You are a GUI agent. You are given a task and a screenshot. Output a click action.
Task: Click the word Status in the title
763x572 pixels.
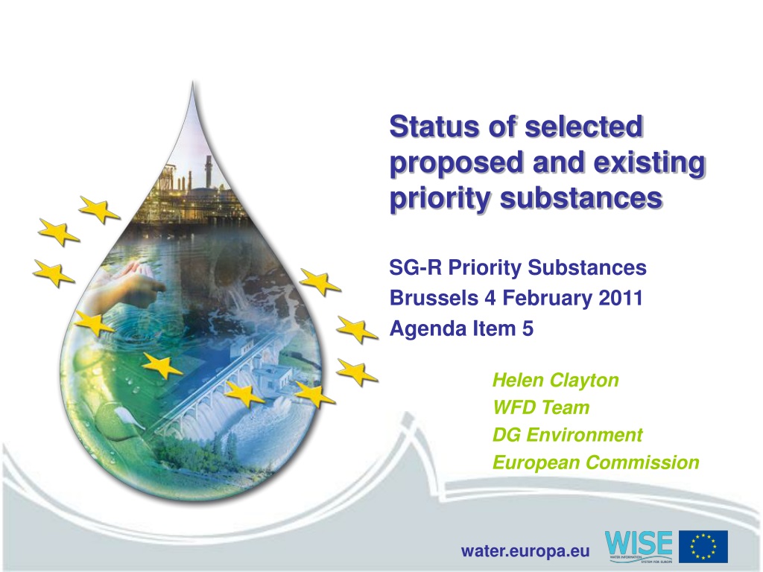(x=435, y=127)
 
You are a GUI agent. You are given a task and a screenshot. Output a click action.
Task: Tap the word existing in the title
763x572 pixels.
(x=650, y=162)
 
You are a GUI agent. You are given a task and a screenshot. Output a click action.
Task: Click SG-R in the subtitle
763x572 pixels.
(x=416, y=267)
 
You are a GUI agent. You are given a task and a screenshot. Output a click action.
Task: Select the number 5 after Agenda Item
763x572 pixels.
(x=528, y=328)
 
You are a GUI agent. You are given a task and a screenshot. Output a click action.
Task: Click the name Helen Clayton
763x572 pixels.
(x=555, y=380)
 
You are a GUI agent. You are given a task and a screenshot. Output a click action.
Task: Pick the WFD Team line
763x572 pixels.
(x=541, y=407)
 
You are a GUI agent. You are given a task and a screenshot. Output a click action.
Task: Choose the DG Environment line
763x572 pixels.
(x=567, y=435)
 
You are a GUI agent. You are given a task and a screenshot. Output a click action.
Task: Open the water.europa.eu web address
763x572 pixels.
(x=525, y=551)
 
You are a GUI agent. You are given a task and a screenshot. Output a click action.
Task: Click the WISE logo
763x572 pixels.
(x=639, y=547)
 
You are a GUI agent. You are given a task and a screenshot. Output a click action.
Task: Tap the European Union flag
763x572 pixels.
(x=703, y=547)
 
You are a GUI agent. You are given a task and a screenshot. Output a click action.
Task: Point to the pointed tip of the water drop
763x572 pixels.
(x=193, y=83)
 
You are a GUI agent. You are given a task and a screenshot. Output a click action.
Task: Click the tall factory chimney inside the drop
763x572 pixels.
(x=209, y=171)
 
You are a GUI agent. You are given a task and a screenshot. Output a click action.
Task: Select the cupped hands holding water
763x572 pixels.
(x=127, y=287)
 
